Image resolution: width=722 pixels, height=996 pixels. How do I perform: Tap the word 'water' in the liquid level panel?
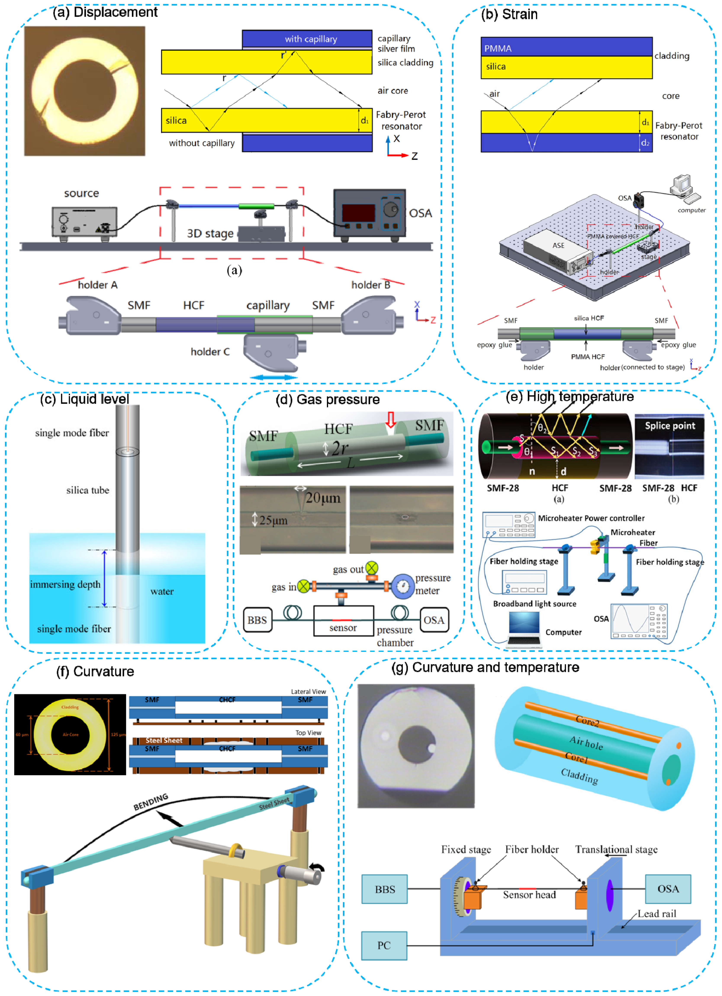tap(162, 591)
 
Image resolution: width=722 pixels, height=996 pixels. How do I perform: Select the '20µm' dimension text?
tap(323, 498)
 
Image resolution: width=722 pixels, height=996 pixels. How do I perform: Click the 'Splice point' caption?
tap(670, 426)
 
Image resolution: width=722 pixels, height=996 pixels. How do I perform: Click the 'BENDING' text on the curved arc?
tap(151, 802)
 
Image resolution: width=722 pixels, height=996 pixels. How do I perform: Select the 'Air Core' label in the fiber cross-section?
tap(70, 734)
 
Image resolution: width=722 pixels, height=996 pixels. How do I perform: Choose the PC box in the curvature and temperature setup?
tap(384, 945)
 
